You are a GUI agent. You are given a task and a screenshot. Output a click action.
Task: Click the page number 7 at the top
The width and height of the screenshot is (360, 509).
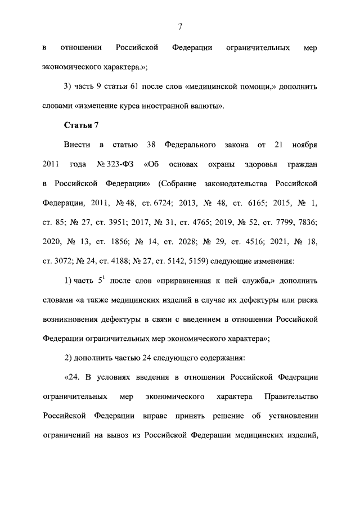(x=180, y=26)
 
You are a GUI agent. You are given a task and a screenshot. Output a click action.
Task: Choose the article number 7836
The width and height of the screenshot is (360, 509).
(x=307, y=222)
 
